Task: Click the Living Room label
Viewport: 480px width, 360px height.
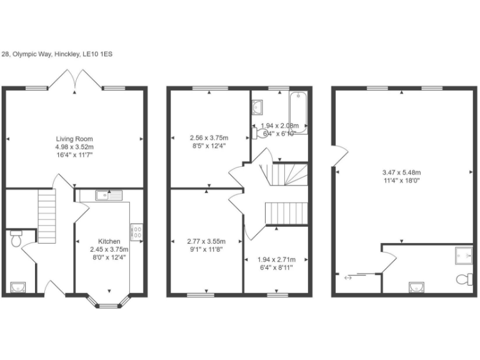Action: (x=74, y=139)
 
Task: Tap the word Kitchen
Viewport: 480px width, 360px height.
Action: (x=109, y=241)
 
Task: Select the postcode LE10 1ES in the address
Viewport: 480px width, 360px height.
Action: (x=97, y=54)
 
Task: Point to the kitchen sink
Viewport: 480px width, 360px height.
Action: (x=104, y=196)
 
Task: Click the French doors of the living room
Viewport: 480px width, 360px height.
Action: (x=75, y=81)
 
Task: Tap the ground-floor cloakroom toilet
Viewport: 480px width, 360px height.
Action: (x=16, y=238)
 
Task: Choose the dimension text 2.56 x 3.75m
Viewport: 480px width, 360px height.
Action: (x=209, y=137)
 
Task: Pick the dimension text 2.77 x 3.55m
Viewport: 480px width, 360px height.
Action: (x=206, y=241)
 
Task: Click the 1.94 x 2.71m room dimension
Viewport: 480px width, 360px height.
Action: (x=276, y=259)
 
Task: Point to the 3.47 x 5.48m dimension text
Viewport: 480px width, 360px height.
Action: (x=402, y=172)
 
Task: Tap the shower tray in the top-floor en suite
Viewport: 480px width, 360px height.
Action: (x=464, y=253)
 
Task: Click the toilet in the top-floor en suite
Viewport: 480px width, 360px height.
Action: (x=464, y=278)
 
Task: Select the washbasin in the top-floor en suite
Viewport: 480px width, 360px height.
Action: (x=416, y=287)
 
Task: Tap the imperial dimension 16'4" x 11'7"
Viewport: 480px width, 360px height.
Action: (x=74, y=154)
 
